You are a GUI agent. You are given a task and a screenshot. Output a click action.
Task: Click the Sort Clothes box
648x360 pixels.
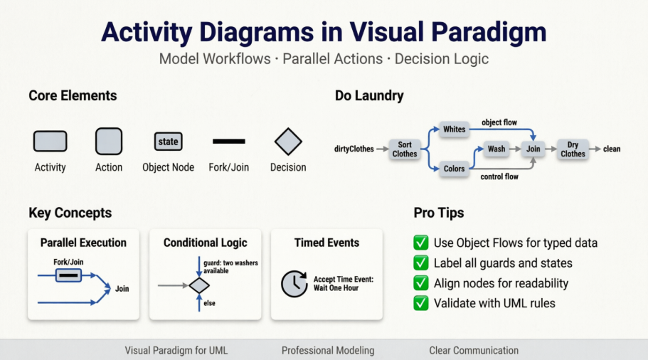click(405, 149)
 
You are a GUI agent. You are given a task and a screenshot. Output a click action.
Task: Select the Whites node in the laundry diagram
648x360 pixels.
click(454, 129)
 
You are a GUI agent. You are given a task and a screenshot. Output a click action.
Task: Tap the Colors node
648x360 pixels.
click(454, 169)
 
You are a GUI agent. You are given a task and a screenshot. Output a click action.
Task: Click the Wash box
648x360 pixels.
click(496, 149)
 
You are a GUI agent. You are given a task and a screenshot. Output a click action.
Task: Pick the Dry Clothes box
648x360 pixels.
click(573, 149)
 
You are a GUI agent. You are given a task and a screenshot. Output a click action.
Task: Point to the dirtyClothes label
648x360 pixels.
click(354, 149)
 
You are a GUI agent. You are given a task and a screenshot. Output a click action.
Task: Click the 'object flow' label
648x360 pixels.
click(499, 122)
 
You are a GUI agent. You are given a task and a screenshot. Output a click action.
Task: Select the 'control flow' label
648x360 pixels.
click(499, 176)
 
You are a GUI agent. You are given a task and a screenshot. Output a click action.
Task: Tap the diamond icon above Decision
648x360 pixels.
click(288, 142)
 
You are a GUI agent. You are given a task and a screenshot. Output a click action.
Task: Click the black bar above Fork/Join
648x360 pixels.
click(229, 142)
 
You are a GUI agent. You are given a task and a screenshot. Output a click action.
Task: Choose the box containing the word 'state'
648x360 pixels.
click(168, 142)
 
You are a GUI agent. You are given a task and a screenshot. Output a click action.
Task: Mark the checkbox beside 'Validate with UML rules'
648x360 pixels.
click(421, 303)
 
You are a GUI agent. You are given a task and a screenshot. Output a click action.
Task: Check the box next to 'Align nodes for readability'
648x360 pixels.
click(421, 283)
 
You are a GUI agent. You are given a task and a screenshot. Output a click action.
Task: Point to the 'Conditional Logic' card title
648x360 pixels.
click(205, 243)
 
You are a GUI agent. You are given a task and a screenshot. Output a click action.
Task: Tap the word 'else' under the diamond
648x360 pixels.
click(209, 303)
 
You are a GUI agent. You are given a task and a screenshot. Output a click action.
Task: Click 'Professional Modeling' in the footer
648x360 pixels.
click(327, 350)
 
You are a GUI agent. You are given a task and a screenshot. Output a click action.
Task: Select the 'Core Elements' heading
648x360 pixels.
click(73, 95)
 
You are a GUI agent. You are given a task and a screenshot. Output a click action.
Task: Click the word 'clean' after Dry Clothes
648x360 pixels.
click(612, 149)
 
